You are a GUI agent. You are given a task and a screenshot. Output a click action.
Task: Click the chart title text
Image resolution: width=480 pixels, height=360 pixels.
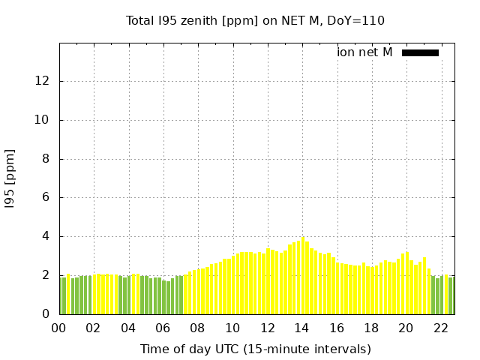pyautogui.click(x=255, y=20)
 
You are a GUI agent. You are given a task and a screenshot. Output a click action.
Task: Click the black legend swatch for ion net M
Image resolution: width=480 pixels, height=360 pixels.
pyautogui.click(x=420, y=52)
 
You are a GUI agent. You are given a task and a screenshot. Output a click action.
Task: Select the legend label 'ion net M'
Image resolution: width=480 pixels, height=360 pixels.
pyautogui.click(x=364, y=52)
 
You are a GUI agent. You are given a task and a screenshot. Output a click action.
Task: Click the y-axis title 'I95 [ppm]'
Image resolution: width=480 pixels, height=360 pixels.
pyautogui.click(x=10, y=178)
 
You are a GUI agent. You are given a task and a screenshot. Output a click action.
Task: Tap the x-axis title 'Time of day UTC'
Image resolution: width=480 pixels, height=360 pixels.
pyautogui.click(x=255, y=349)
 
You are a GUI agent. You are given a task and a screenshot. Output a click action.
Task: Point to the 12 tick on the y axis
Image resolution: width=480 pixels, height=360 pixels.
pyautogui.click(x=44, y=81)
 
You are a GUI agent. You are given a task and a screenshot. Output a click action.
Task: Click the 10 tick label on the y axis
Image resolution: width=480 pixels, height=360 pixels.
pyautogui.click(x=44, y=120)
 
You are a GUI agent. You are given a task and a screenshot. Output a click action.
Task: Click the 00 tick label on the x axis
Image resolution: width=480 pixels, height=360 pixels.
pyautogui.click(x=59, y=328)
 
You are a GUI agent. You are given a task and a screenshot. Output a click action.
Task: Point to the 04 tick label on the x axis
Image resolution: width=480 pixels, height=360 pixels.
pyautogui.click(x=128, y=328)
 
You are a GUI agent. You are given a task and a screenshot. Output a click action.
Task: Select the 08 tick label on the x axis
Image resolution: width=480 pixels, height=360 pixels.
pyautogui.click(x=198, y=328)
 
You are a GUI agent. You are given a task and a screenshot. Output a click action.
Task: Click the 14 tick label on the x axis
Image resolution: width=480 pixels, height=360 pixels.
pyautogui.click(x=301, y=328)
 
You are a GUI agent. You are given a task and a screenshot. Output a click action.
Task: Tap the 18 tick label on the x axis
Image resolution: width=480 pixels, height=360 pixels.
pyautogui.click(x=371, y=328)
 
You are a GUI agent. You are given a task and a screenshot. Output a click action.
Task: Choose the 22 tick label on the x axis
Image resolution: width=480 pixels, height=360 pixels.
pyautogui.click(x=440, y=328)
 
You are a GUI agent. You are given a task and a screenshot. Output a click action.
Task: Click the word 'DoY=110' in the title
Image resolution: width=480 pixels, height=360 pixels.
pyautogui.click(x=356, y=20)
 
